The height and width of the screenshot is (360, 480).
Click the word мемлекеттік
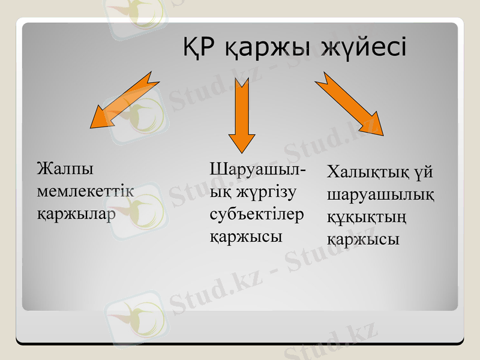click(85, 191)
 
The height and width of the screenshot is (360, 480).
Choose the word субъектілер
click(257, 214)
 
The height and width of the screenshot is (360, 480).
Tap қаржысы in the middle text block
click(245, 236)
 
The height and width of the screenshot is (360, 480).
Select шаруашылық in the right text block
click(381, 195)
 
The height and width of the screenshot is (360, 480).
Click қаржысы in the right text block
click(363, 239)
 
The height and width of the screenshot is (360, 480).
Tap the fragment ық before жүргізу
click(219, 192)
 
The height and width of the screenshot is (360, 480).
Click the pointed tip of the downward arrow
click(242, 152)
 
